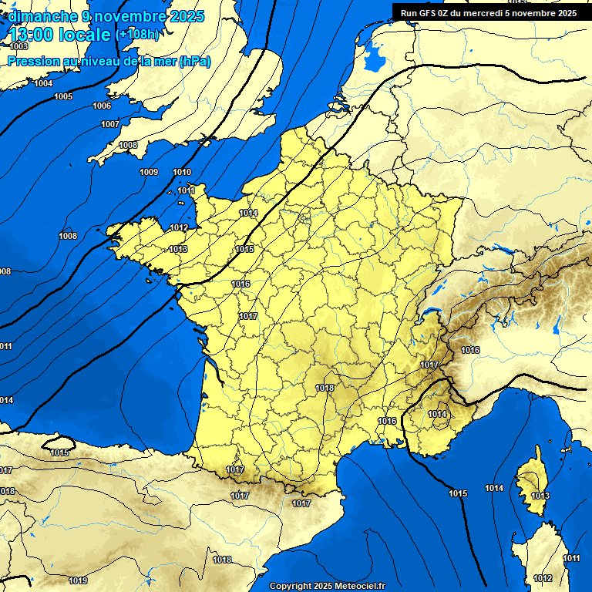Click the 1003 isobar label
[19, 47]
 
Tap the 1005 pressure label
[63, 96]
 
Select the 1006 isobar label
[101, 106]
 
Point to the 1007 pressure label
[109, 124]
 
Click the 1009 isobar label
[149, 171]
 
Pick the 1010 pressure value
[182, 172]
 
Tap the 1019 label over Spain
[78, 580]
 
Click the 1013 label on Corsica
[540, 496]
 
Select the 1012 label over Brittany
[179, 227]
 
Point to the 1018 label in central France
[325, 388]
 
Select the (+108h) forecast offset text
[139, 35]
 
